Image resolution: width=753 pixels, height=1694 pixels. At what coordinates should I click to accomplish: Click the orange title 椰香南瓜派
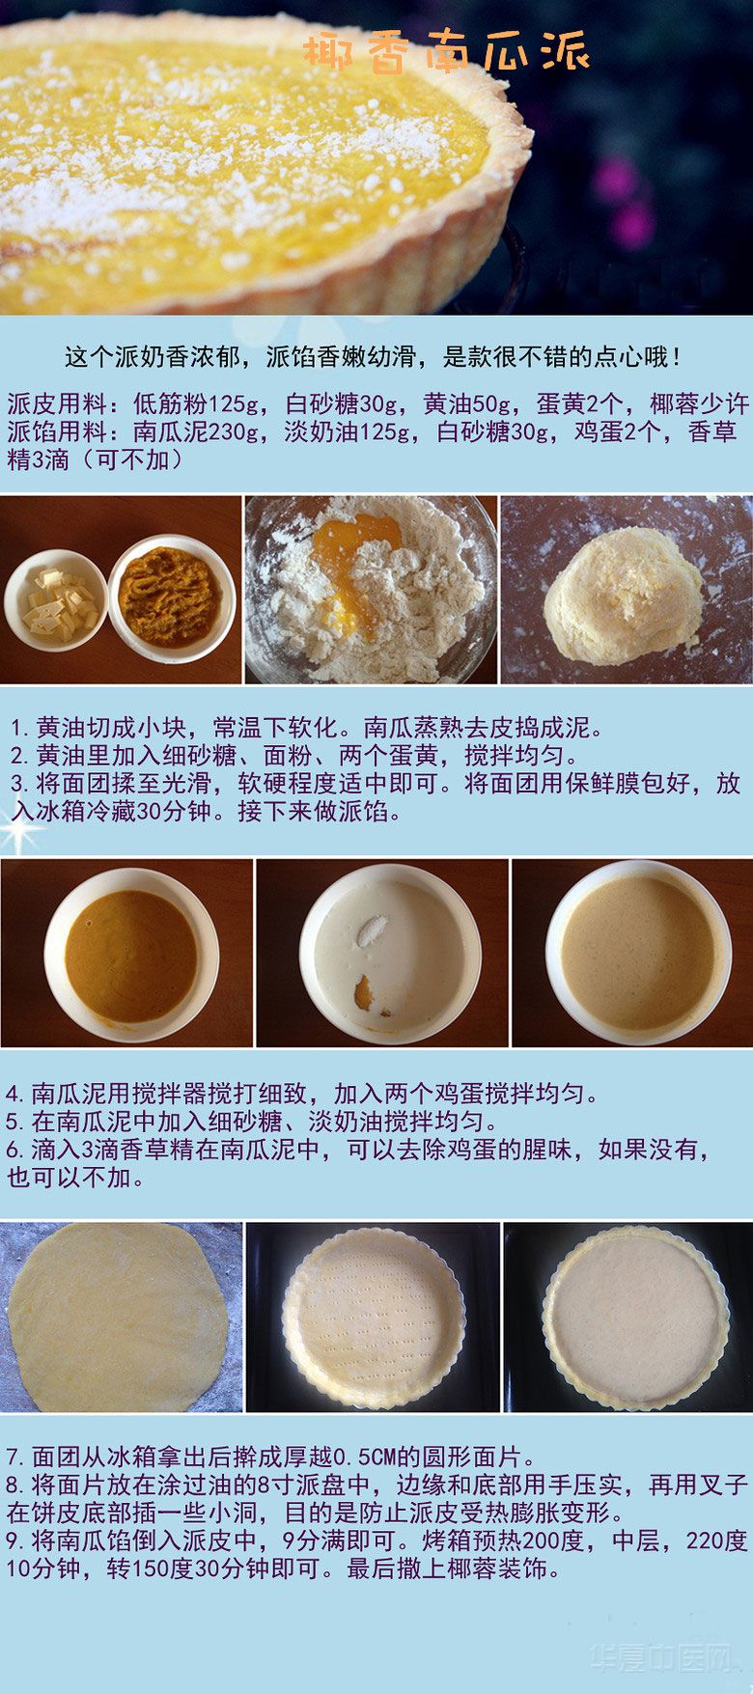coord(446,53)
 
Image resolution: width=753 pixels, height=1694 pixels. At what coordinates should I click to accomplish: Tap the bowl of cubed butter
coord(56,600)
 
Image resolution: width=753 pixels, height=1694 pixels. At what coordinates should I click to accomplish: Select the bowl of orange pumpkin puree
coord(172,598)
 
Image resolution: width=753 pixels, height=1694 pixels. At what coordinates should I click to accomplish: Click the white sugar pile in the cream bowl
coord(372,931)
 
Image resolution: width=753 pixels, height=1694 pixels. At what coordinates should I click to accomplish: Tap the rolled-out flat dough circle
coord(117,1319)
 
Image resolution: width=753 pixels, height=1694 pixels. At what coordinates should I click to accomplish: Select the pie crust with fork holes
coord(373,1319)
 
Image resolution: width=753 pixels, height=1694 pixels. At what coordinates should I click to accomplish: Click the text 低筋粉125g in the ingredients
coord(194,403)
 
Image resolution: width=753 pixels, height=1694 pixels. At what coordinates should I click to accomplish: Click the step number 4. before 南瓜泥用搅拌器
coord(16,1094)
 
